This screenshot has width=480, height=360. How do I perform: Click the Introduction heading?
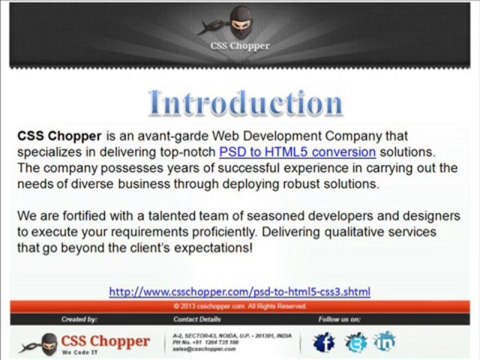click(245, 102)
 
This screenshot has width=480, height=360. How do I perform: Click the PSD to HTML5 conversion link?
click(297, 152)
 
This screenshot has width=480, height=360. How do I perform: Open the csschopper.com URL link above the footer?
click(239, 292)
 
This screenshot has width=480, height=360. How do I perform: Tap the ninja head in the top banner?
click(240, 21)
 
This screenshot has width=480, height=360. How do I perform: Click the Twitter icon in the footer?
click(355, 342)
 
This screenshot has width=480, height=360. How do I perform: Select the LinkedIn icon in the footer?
click(385, 342)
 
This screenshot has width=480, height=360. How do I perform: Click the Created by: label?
click(79, 319)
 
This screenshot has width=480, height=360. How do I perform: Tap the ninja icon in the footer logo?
click(27, 340)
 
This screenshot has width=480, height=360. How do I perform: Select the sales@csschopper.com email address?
click(204, 350)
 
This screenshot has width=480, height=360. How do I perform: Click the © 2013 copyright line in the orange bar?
click(240, 306)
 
